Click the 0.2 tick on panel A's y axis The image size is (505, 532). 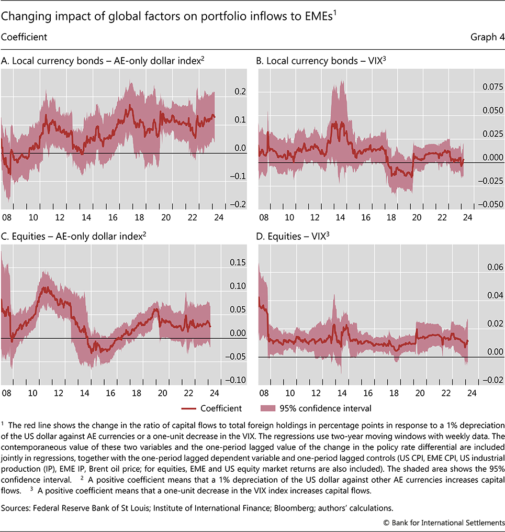[239, 92]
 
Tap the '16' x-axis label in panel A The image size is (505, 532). [112, 217]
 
